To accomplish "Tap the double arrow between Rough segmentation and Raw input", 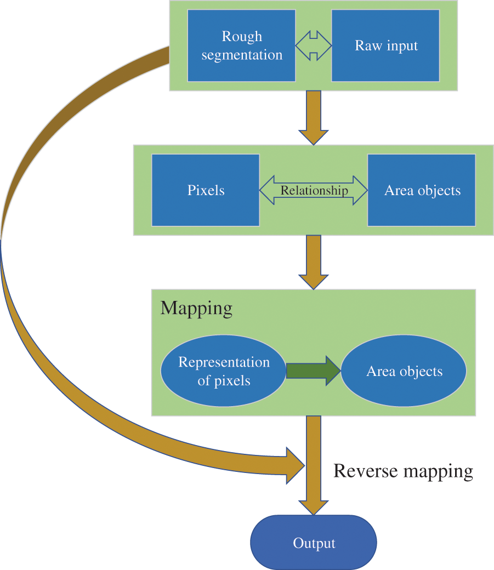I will [314, 45].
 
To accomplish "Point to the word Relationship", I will [314, 190].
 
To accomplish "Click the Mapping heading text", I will [196, 308].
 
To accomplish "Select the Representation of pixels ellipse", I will [224, 371].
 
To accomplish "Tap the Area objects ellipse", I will [404, 371].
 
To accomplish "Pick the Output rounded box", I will [314, 543].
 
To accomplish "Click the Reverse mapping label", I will [403, 471].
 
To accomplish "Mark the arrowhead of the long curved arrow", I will [294, 465].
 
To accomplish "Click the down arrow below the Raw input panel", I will [314, 117].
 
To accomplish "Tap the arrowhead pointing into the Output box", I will [314, 506].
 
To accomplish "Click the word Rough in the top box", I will [242, 37].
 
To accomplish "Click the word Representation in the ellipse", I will [224, 362].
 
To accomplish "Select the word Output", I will [314, 543].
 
